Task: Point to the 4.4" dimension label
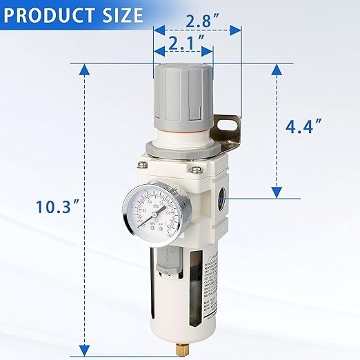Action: [x=304, y=126]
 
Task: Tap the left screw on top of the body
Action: [x=143, y=165]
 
